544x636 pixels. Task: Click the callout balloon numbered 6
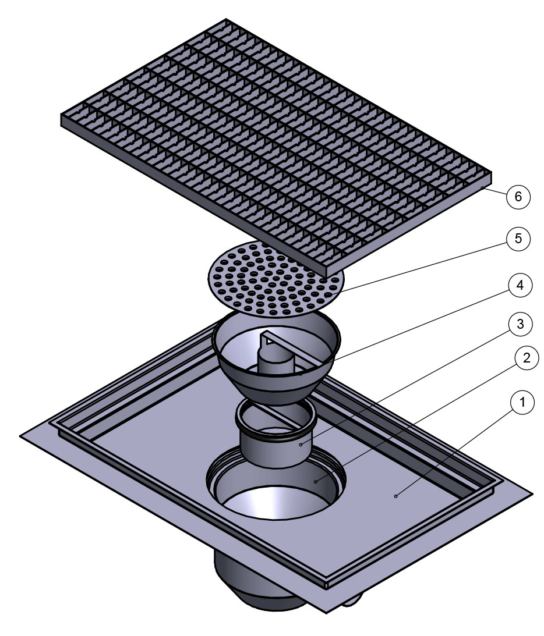(x=518, y=196)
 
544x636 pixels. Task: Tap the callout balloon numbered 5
(x=518, y=239)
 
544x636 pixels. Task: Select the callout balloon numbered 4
(x=520, y=286)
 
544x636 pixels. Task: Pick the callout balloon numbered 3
(x=520, y=324)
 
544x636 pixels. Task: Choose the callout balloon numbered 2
(x=527, y=358)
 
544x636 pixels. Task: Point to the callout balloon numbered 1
(x=522, y=402)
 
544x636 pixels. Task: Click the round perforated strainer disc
(x=275, y=279)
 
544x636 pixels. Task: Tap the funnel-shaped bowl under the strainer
(x=277, y=357)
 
